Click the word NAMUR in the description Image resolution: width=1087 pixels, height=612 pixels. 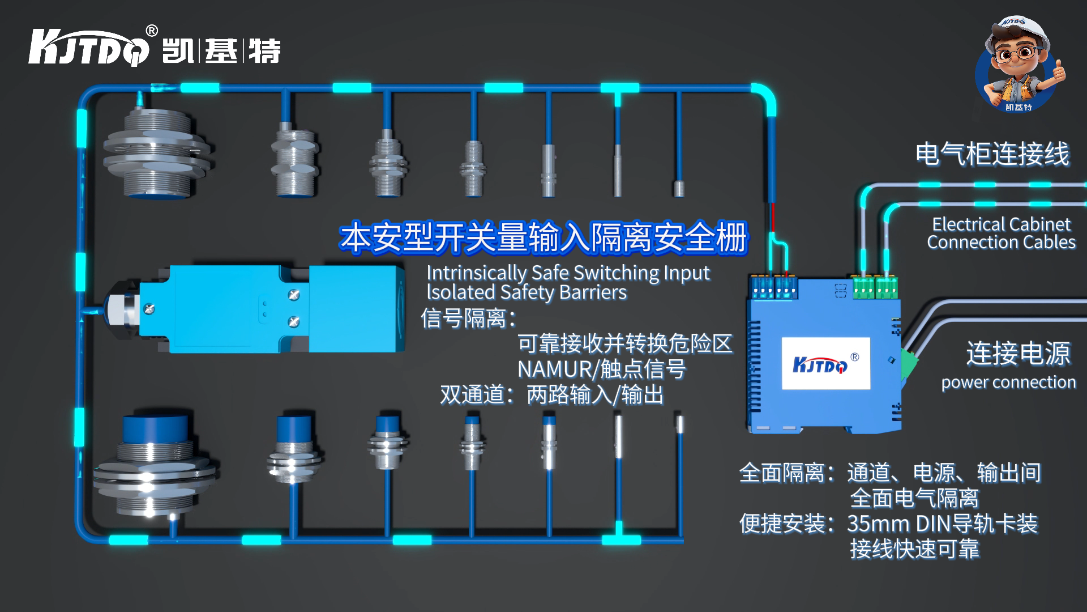554,369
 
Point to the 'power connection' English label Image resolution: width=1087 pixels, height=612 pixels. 1008,382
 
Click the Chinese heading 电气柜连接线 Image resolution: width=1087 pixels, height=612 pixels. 992,154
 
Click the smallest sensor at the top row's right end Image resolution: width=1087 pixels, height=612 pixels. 679,188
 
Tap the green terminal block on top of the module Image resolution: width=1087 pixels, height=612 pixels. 875,287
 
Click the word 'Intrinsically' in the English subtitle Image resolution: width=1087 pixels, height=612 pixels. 476,273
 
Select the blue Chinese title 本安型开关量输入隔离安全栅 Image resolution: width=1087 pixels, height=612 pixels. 543,237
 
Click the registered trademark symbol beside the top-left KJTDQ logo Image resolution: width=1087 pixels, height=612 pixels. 152,31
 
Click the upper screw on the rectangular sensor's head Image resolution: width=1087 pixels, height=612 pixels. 294,295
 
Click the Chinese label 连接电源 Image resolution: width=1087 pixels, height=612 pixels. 1018,354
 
